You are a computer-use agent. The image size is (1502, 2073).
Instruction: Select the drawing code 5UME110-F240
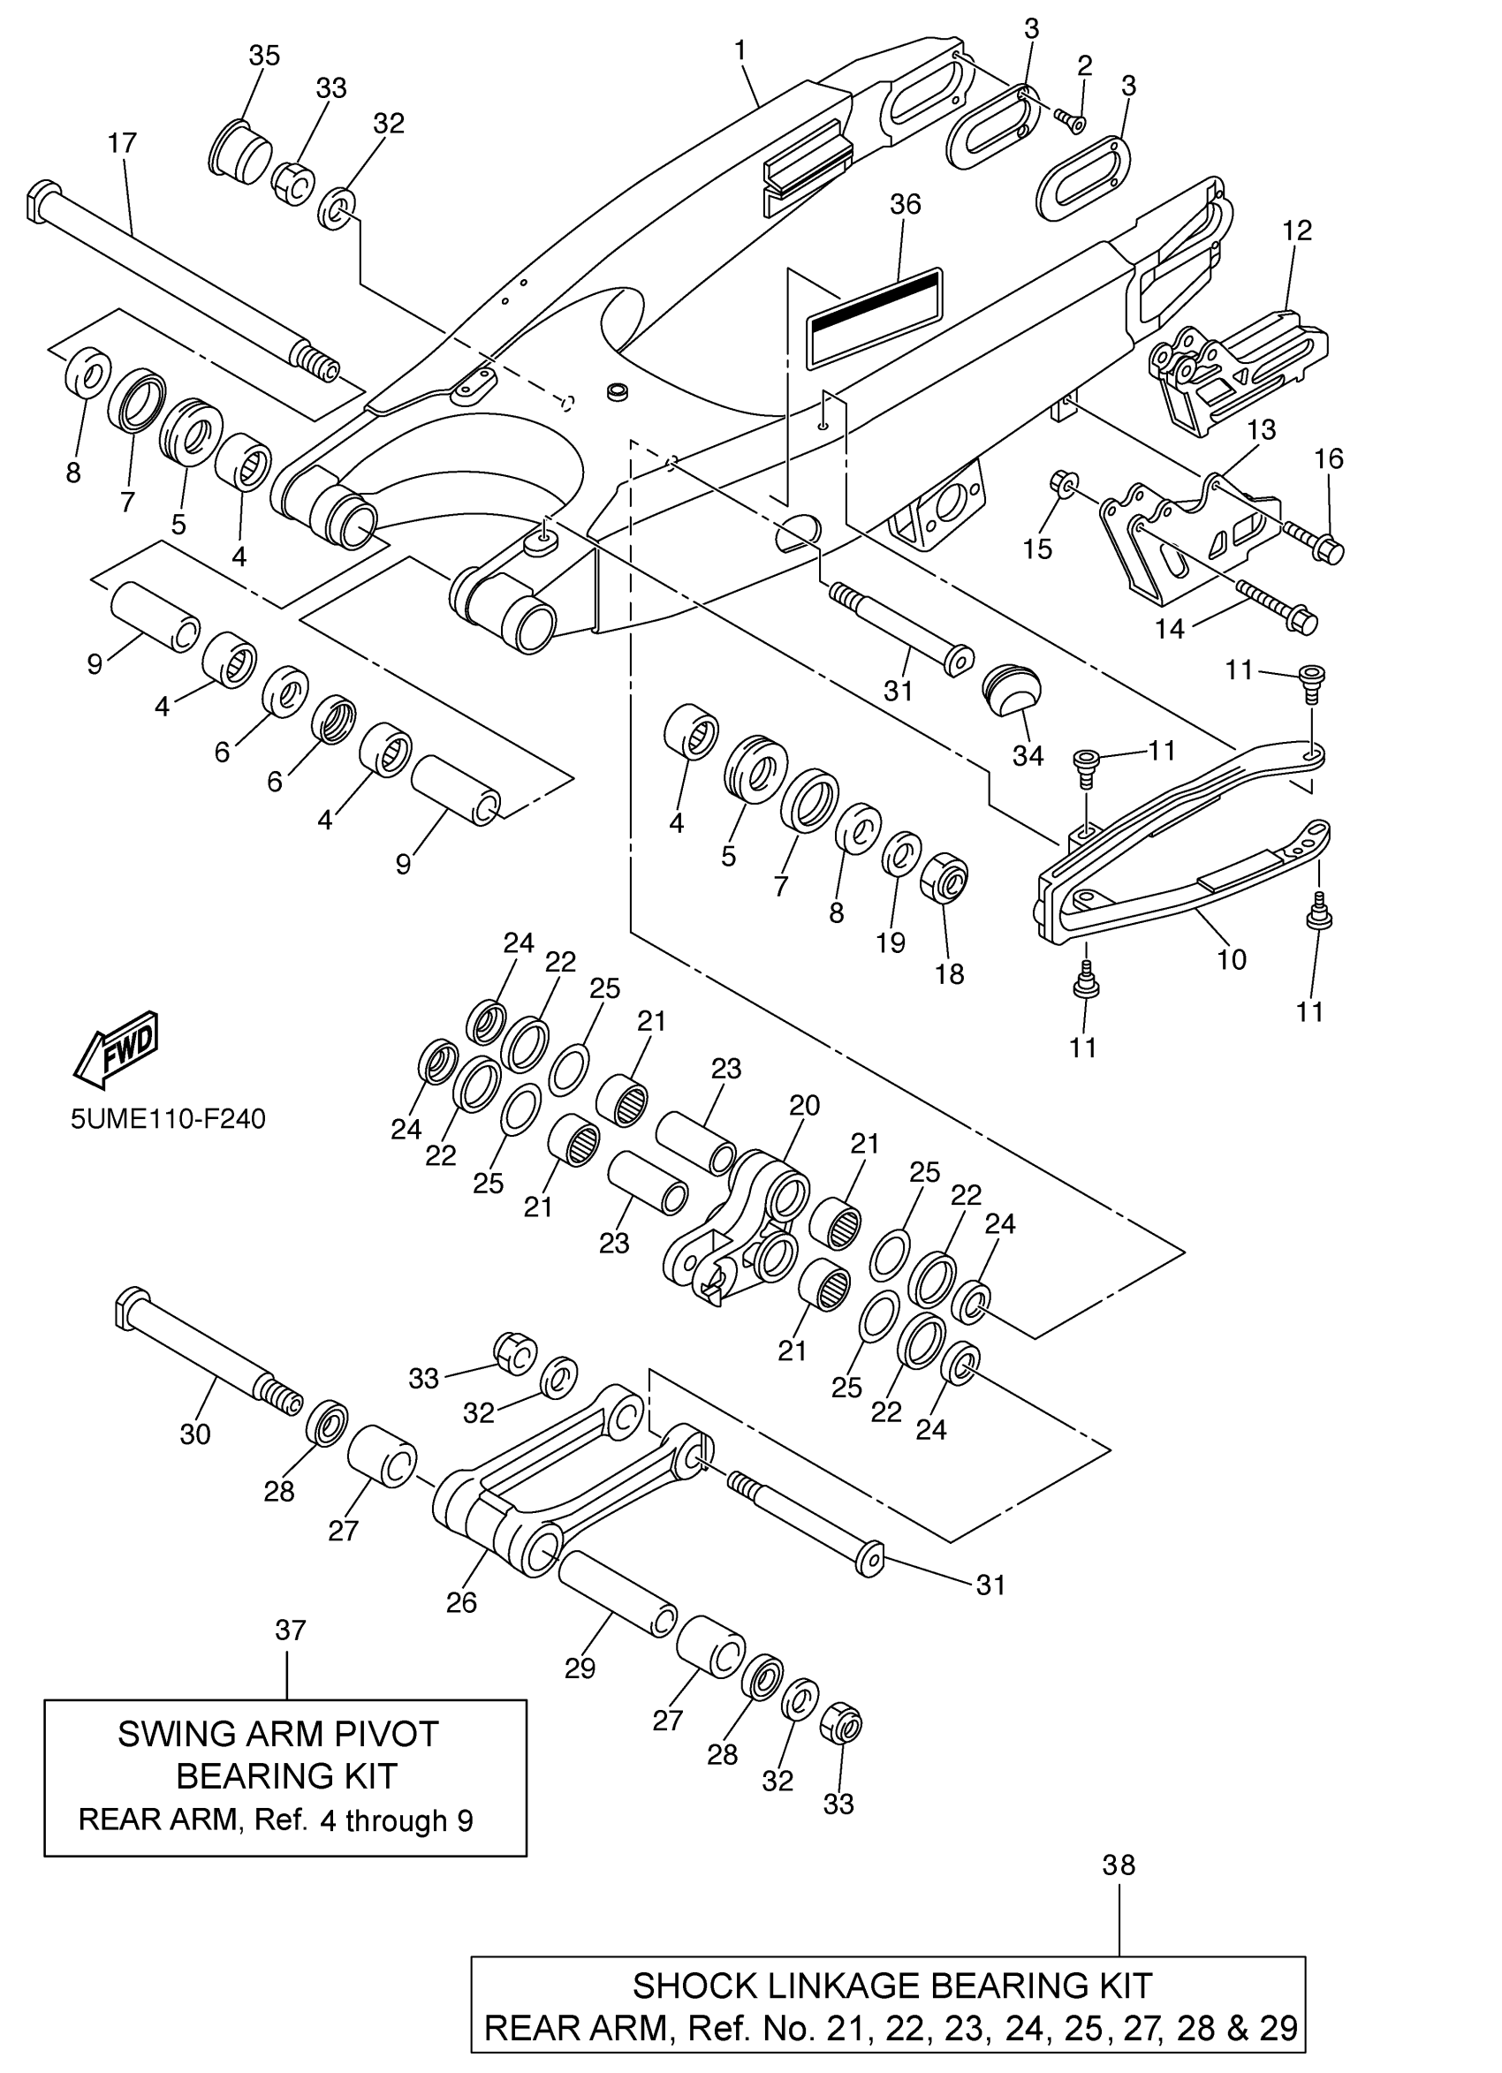pos(168,1119)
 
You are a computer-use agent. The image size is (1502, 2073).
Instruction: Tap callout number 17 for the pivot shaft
pos(122,143)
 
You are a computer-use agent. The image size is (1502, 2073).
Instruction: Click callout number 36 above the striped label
pos(905,204)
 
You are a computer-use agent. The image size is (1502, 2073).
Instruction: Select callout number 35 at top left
pos(264,56)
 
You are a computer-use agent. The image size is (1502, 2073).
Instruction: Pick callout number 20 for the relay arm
pos(805,1105)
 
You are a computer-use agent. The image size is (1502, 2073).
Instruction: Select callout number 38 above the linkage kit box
pos(1119,1865)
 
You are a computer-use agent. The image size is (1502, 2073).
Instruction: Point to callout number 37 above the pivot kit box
pos(290,1630)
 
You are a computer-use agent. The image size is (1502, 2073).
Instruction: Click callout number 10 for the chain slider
pos(1232,959)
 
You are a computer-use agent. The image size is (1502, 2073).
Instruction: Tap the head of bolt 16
pos(1330,551)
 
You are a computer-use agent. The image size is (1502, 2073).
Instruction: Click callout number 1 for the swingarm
pos(740,50)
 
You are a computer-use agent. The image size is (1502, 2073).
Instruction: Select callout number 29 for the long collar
pos(580,1668)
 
